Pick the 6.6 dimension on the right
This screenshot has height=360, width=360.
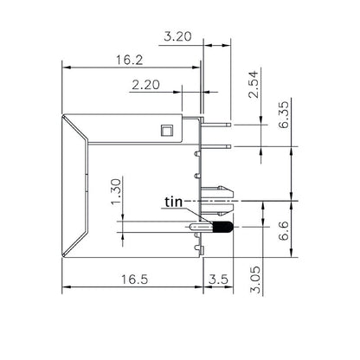tap(283, 232)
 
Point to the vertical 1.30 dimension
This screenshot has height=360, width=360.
tap(117, 191)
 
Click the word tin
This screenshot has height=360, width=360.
tap(173, 202)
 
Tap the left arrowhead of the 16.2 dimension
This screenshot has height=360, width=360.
tap(63, 67)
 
